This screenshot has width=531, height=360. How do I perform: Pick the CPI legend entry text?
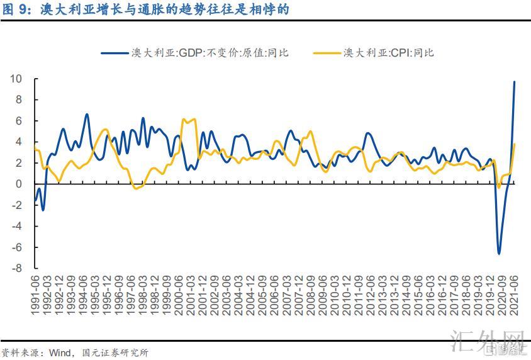coord(388,53)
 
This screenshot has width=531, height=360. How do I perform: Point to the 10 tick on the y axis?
coord(16,79)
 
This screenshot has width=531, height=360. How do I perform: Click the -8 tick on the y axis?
coord(17,268)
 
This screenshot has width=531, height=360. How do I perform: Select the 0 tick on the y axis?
coord(19,184)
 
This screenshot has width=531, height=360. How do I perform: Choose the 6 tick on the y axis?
coord(19,121)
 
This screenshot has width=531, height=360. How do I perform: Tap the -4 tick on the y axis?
coord(17,226)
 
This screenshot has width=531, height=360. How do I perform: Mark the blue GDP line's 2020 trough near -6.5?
coord(499,254)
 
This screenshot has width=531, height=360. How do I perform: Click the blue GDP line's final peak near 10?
coord(514,82)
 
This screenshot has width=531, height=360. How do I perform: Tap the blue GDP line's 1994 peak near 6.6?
coord(87,115)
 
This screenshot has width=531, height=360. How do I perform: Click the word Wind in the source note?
coord(60,352)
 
